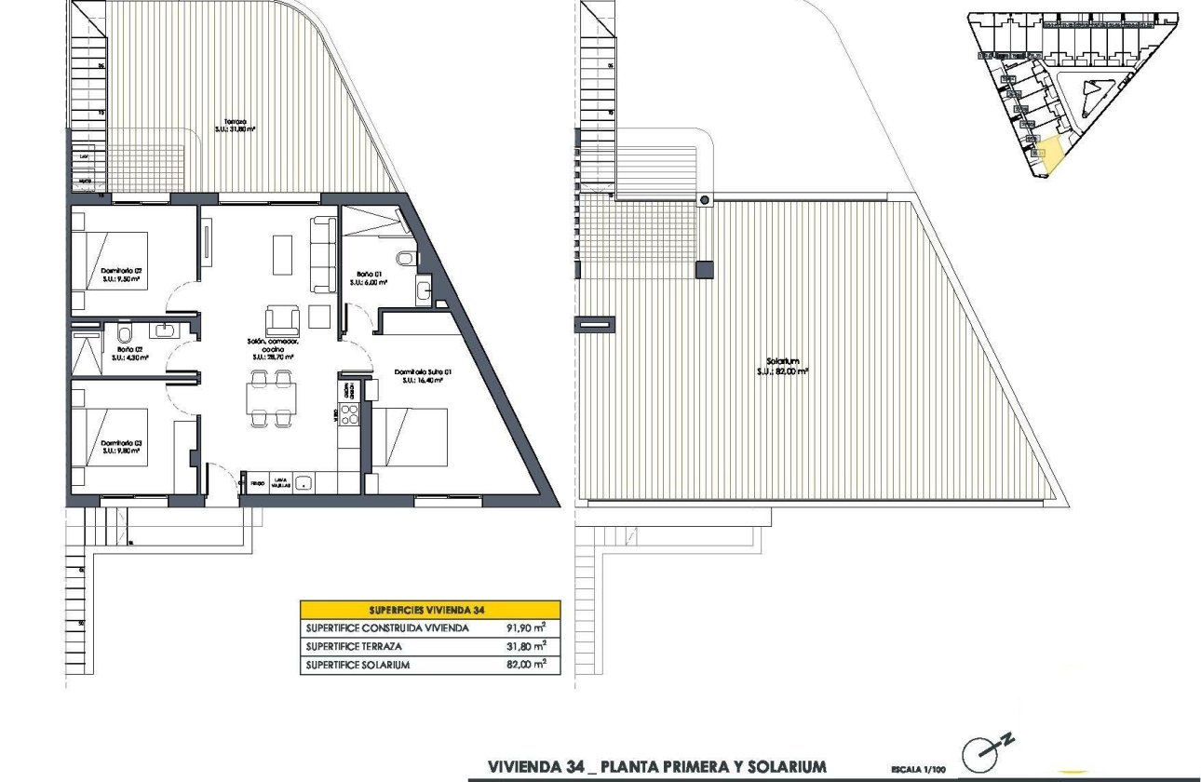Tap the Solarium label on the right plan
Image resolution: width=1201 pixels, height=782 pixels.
(x=782, y=365)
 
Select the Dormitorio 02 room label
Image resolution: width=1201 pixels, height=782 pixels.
(x=121, y=275)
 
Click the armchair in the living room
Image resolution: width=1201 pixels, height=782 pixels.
(x=283, y=320)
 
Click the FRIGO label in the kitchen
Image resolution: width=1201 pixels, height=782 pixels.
(x=256, y=484)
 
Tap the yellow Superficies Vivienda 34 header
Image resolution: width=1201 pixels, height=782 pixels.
(x=430, y=610)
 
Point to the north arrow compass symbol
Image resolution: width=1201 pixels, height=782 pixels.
(x=987, y=753)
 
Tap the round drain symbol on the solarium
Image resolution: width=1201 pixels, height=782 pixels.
(x=705, y=200)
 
